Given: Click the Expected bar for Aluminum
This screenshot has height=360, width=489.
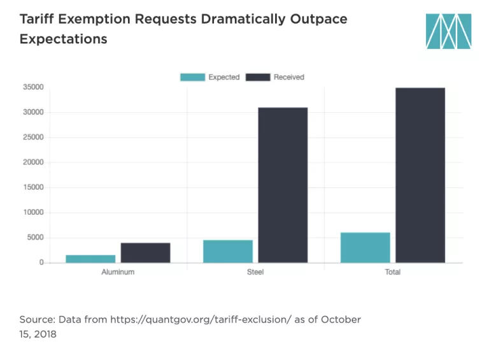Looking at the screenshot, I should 90,259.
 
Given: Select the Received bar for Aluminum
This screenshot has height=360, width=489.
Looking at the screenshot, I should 145,252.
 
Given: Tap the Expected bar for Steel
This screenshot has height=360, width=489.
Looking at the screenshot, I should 228,251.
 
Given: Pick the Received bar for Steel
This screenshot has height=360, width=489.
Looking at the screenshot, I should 283,185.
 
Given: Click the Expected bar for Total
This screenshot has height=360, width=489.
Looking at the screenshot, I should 365,247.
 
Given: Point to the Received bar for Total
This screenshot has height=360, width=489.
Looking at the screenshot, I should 420,175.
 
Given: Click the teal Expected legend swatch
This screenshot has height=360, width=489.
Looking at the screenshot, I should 193,77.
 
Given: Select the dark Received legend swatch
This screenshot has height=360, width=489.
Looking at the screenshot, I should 258,77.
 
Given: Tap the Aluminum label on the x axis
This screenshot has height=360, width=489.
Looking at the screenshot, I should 118,272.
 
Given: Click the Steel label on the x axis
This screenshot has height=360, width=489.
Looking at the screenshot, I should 255,272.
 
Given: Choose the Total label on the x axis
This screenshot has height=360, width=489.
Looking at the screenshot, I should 393,272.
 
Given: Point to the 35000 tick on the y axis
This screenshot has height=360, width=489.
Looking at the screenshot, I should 33,87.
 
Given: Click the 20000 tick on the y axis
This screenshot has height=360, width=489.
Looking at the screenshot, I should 33,162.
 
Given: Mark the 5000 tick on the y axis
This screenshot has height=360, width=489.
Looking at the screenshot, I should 35,238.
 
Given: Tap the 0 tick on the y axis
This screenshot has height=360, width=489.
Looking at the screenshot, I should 41,263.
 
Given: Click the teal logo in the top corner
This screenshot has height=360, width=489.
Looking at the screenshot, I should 449,31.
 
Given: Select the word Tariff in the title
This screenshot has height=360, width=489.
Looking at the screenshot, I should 36,18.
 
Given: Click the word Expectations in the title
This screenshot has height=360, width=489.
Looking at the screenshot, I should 63,39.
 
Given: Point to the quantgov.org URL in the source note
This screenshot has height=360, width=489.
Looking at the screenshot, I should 191,319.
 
